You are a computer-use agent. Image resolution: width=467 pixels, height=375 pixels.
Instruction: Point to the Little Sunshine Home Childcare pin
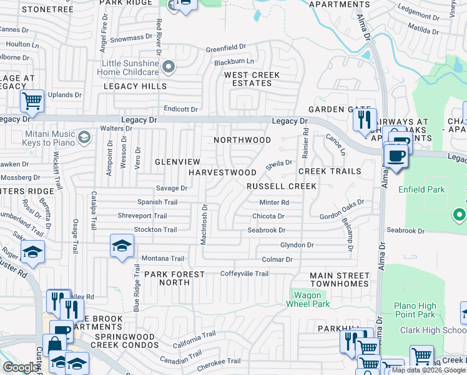pyautogui.click(x=168, y=67)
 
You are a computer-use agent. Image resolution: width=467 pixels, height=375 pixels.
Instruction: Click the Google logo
pyautogui.click(x=21, y=367)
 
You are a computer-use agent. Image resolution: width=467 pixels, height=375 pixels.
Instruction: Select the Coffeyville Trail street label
pyautogui.click(x=244, y=274)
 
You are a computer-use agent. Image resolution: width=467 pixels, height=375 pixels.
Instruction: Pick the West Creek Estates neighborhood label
pyautogui.click(x=252, y=79)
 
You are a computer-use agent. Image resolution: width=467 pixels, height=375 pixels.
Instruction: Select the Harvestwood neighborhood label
pyautogui.click(x=222, y=172)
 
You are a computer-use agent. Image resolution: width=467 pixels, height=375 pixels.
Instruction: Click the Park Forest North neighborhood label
pyautogui.click(x=174, y=278)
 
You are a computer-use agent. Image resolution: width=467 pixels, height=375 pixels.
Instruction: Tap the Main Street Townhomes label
pyautogui.click(x=340, y=279)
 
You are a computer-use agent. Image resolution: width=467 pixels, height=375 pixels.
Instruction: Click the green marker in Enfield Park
pyautogui.click(x=460, y=215)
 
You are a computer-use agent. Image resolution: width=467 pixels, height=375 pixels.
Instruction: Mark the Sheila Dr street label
pyautogui.click(x=279, y=164)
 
